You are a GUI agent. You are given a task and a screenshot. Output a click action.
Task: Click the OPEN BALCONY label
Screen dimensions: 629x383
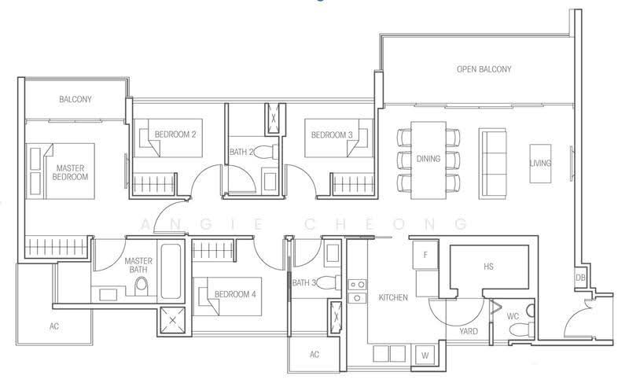pos(484,69)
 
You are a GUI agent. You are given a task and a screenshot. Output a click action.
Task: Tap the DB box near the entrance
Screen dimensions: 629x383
pos(580,278)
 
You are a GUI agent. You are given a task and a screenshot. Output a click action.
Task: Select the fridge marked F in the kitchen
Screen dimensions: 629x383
pos(425,255)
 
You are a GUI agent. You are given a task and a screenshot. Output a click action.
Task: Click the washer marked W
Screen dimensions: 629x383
pos(425,355)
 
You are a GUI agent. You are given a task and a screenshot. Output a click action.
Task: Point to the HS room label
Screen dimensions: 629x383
pos(488,267)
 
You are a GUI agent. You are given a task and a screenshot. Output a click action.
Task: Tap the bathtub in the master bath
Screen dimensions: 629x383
pos(171,271)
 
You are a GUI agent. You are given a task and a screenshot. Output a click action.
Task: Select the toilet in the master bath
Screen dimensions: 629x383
pos(141,286)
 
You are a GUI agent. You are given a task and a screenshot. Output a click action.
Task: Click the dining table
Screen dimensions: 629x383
pos(428,160)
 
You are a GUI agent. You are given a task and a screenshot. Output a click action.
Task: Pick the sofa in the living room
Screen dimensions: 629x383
pos(492,164)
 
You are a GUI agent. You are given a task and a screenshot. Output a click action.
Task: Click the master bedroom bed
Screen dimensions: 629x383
pos(61,171)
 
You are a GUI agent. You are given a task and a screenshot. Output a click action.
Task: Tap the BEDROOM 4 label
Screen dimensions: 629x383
pos(235,294)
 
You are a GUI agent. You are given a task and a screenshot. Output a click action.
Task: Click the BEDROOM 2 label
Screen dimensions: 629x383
pos(175,134)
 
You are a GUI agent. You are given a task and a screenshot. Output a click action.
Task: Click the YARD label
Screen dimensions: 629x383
pos(469,331)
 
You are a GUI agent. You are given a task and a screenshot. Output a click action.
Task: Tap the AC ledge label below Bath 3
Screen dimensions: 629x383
pos(314,355)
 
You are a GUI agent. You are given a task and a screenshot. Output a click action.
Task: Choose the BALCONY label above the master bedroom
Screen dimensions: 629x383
pos(75,99)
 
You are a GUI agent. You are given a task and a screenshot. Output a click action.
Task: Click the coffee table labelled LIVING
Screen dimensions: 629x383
pos(540,164)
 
